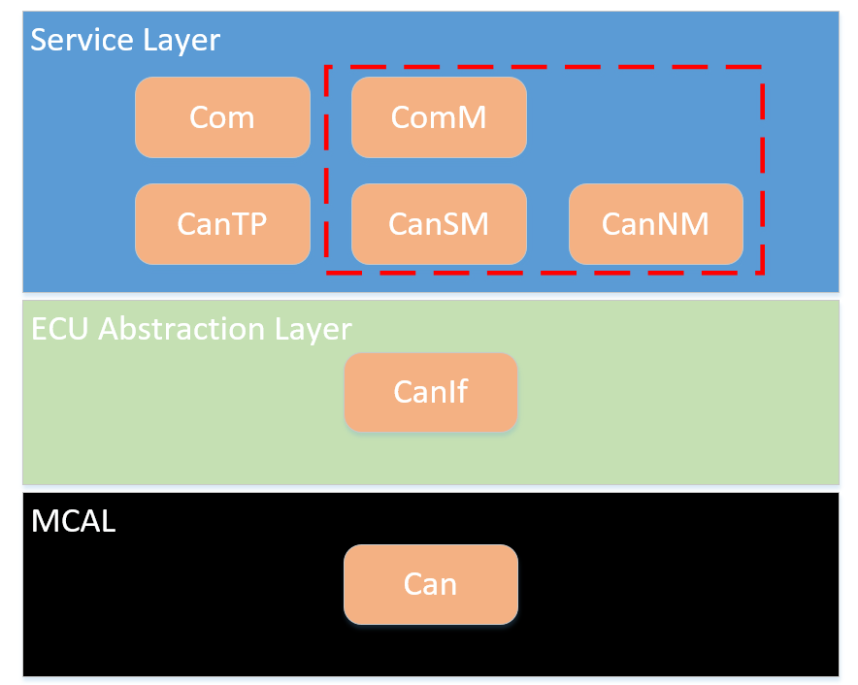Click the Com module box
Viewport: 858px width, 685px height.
click(x=222, y=117)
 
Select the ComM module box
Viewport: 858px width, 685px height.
click(x=439, y=117)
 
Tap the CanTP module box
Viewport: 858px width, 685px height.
click(x=222, y=224)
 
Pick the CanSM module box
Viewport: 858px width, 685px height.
click(x=439, y=224)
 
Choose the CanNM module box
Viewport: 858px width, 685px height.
click(x=656, y=224)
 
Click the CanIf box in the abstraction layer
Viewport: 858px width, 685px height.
click(x=431, y=392)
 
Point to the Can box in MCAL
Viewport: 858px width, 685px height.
click(x=431, y=584)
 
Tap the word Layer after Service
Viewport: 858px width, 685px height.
click(x=181, y=42)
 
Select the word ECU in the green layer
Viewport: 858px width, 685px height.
click(x=59, y=329)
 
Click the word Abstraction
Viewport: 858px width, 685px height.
click(x=182, y=329)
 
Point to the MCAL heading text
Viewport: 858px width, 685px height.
click(x=74, y=521)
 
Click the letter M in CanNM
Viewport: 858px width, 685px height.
click(x=694, y=224)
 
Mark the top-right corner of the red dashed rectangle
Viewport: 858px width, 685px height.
click(x=762, y=67)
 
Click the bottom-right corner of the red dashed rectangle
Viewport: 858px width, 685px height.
click(x=762, y=272)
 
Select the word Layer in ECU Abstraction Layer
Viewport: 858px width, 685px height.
click(x=313, y=331)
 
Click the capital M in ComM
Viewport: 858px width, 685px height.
click(x=472, y=117)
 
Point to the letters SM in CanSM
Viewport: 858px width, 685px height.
click(x=465, y=224)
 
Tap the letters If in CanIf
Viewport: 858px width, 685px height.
click(x=458, y=391)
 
